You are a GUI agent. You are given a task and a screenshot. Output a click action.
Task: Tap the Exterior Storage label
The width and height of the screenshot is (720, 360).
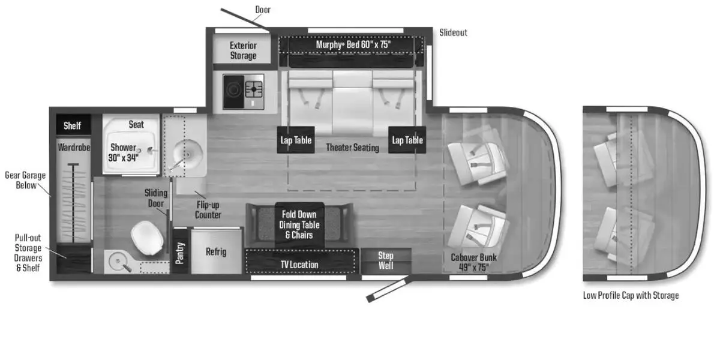243,51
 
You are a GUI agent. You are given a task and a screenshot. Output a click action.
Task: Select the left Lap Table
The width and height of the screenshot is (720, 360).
296,140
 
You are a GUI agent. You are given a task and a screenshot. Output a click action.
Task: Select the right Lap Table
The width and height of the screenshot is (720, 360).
407,140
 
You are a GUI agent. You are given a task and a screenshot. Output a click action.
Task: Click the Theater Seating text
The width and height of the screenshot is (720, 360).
352,148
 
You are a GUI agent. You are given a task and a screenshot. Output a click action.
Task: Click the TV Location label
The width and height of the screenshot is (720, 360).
299,264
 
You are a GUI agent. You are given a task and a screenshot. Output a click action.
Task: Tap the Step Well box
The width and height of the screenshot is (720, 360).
386,260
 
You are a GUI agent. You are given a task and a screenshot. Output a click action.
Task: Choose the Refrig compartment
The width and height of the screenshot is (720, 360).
216,251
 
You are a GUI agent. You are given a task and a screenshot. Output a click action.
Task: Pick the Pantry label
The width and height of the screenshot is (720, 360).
180,253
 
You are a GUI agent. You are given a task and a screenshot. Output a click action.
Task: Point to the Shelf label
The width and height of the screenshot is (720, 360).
73,126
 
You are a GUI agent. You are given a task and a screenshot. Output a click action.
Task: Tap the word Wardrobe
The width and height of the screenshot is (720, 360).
74,147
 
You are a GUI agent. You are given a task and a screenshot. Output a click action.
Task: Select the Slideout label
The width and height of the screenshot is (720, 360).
453,32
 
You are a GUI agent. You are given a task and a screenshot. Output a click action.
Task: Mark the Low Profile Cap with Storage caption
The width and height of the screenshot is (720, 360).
631,295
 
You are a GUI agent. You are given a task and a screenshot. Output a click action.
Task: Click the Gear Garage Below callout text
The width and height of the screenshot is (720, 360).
25,180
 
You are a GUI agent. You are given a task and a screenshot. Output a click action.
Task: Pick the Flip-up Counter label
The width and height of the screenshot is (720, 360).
208,210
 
